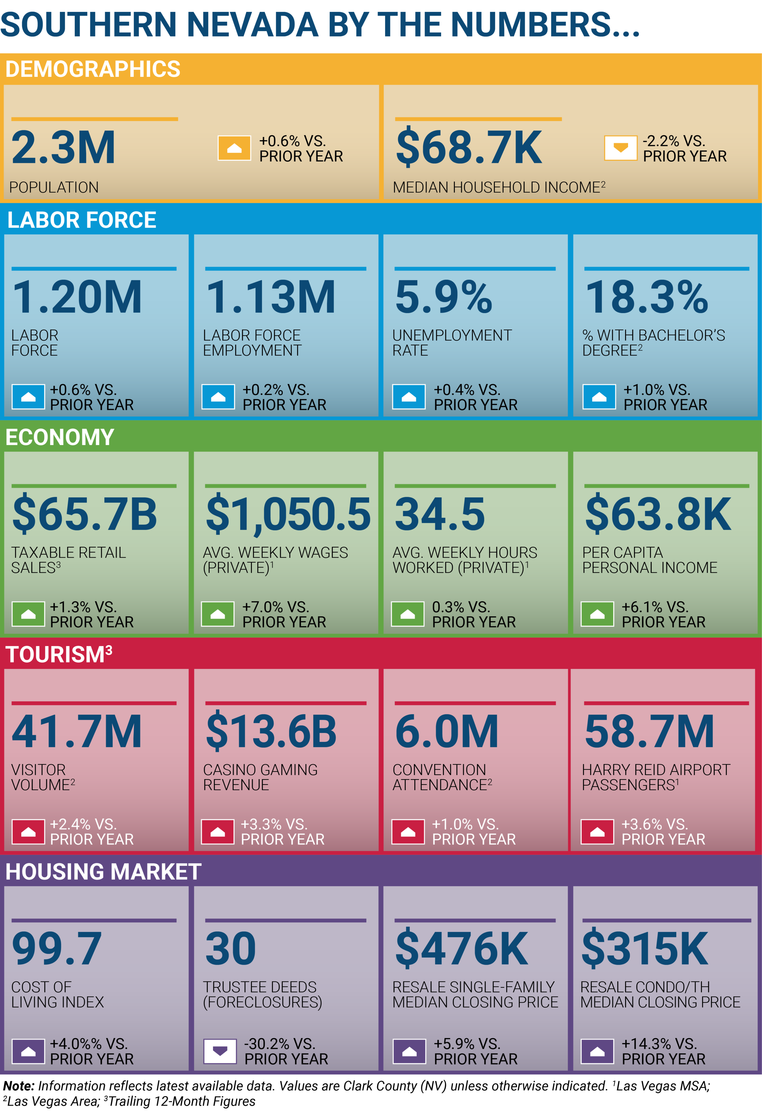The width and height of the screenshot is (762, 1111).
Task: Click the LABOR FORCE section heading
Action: coord(82,220)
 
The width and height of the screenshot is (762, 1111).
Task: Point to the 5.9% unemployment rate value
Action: coord(443,297)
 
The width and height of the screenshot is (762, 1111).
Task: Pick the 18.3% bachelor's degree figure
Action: coord(647,297)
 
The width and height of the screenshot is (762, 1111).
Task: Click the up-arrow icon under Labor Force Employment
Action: coord(218,397)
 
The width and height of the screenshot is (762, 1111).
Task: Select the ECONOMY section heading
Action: coord(60,437)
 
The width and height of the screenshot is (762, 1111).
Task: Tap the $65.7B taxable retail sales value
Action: coord(85,514)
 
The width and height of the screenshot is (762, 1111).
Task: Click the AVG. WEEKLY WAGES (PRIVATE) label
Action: coord(275,560)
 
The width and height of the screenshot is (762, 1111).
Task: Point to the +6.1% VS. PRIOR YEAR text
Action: coord(663,614)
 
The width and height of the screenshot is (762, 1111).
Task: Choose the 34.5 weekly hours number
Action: coord(440,514)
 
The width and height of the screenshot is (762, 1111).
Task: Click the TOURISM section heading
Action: coord(59,654)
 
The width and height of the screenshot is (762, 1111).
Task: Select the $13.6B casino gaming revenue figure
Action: coord(271,732)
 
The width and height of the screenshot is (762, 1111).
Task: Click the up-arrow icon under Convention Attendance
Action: coord(408,832)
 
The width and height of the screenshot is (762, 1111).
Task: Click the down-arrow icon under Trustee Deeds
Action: coord(220,1051)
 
